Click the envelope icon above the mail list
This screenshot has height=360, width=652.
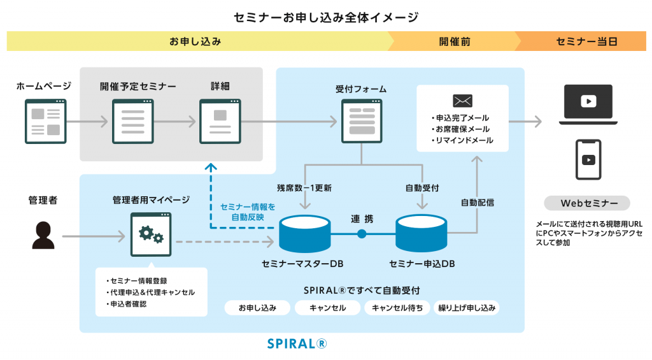(462, 101)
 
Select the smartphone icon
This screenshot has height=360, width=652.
(588, 160)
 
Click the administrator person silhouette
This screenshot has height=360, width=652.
(43, 234)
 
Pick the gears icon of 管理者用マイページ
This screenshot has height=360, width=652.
(151, 234)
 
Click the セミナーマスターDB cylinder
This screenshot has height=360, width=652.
(305, 233)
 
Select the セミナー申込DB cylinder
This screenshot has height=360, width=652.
(422, 233)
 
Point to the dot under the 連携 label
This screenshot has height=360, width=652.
(362, 234)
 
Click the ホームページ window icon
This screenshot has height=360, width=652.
(45, 121)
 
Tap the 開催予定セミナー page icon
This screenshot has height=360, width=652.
(132, 121)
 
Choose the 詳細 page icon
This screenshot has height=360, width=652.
(220, 121)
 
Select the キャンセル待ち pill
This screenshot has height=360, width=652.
(397, 308)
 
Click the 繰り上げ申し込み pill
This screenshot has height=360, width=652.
(466, 308)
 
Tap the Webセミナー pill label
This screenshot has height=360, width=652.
(587, 203)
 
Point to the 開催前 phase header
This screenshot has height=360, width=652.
(454, 41)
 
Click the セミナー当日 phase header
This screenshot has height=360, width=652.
(583, 41)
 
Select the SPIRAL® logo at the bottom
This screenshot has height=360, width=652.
(297, 343)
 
